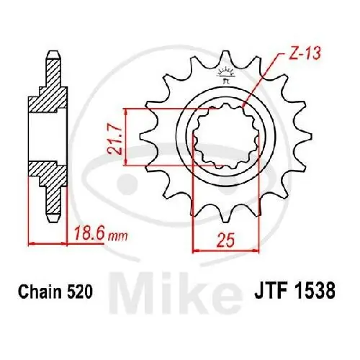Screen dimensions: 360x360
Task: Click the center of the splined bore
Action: (222, 137)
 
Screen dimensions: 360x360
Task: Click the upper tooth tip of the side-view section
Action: (52, 55)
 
